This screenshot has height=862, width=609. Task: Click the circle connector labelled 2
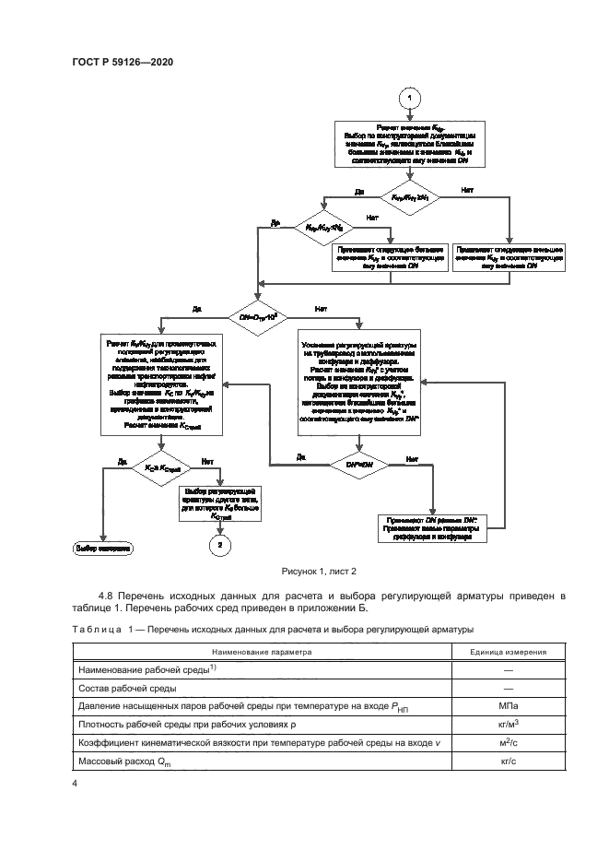[220, 547]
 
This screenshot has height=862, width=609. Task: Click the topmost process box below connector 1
[410, 144]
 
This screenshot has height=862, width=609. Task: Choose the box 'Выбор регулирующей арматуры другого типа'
[220, 503]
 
